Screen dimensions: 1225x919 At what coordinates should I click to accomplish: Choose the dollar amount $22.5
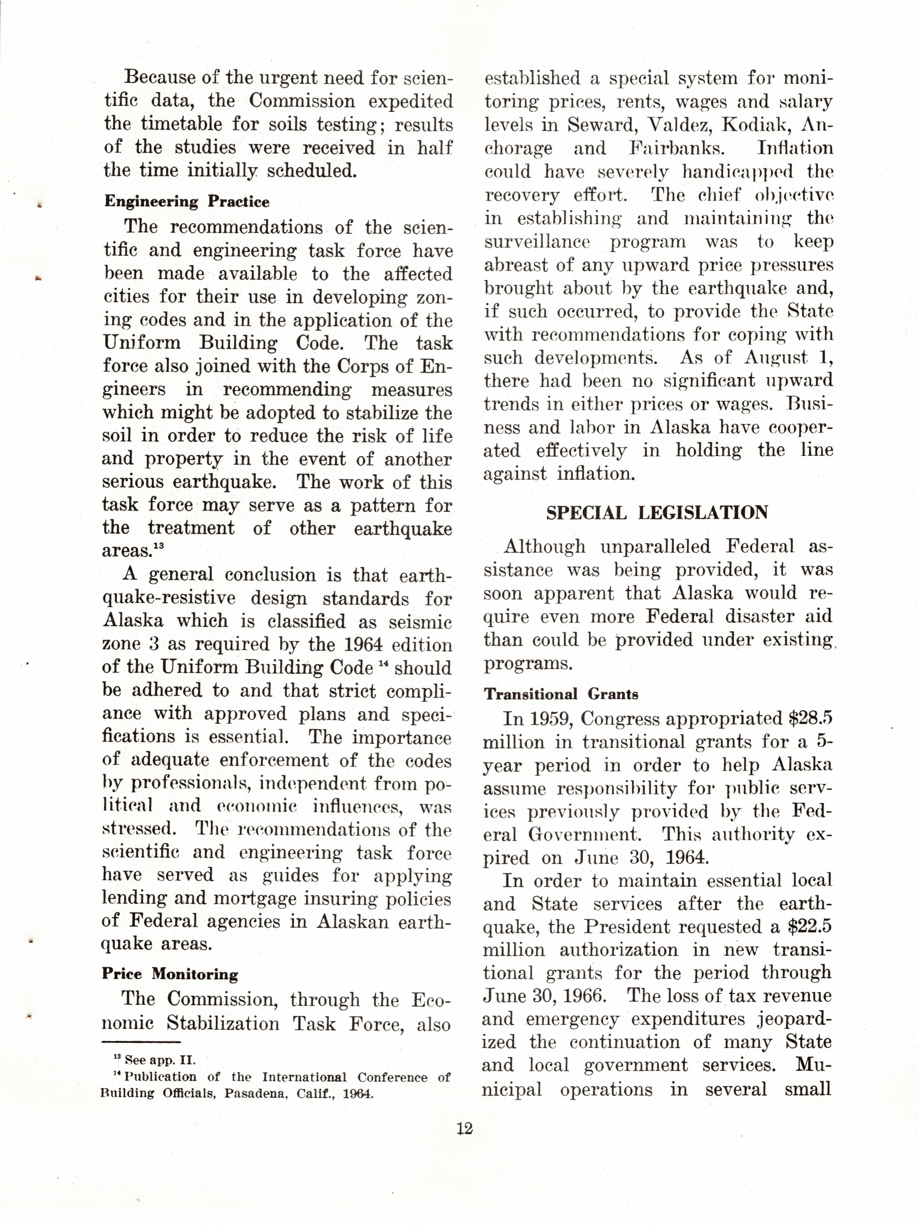[809, 926]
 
